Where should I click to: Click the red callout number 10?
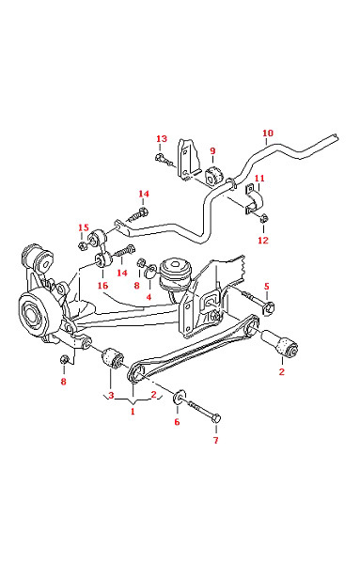[268, 133]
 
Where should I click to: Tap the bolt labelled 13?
[163, 159]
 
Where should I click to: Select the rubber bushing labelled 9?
[214, 177]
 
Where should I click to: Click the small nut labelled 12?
[264, 218]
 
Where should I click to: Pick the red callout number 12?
[263, 240]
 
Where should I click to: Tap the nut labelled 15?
[82, 246]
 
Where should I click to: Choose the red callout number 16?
[102, 285]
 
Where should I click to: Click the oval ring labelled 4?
[150, 273]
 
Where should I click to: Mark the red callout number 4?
[149, 297]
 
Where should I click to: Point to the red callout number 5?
[267, 287]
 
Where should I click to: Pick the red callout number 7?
[216, 440]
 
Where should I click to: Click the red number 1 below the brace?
[133, 411]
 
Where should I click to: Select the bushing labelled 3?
[113, 358]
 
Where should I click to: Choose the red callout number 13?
[162, 139]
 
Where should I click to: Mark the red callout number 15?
[84, 227]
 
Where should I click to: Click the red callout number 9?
[212, 150]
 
